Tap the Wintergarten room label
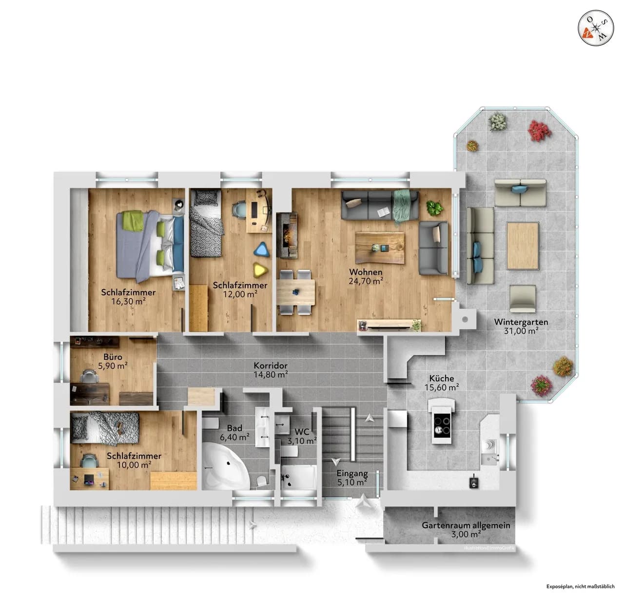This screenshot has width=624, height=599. tap(521, 322)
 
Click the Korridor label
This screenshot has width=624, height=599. tap(271, 366)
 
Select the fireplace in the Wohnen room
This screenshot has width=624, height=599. tap(287, 235)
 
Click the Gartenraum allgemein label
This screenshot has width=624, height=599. tap(466, 525)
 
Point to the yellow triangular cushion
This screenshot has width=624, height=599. tap(259, 270)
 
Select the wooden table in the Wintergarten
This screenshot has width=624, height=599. tap(523, 245)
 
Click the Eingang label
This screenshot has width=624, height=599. tap(352, 473)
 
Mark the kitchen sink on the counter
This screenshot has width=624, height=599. tap(489, 444)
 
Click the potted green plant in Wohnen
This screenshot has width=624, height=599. tap(433, 208)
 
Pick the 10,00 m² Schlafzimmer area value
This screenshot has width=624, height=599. tap(134, 465)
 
